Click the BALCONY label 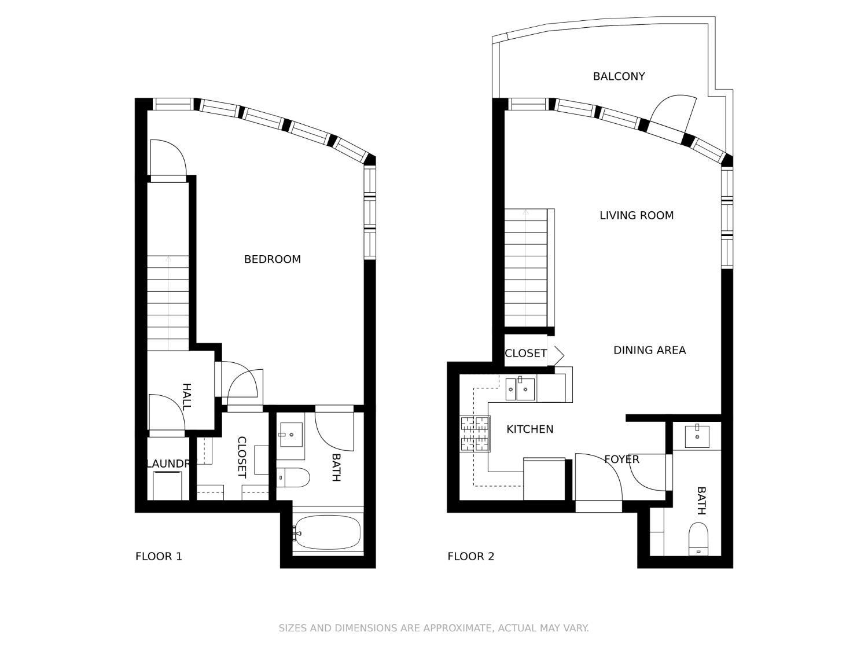(619, 76)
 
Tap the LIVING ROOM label (636, 216)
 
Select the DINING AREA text (649, 350)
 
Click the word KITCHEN (529, 429)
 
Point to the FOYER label (621, 459)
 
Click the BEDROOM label (272, 259)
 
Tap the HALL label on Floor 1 (186, 396)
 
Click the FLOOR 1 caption (159, 557)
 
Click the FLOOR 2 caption (470, 557)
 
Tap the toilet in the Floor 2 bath (699, 539)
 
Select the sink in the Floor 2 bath (697, 436)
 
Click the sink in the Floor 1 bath (291, 435)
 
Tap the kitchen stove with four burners (475, 433)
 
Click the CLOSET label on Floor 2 (525, 354)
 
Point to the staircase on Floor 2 (525, 269)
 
